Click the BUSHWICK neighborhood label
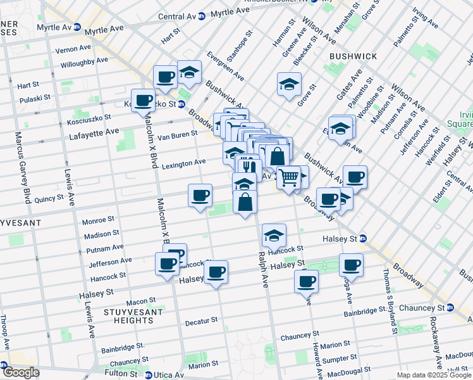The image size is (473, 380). click(x=352, y=56)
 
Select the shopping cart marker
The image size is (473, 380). click(x=288, y=178)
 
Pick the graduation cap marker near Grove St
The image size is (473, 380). click(x=289, y=84)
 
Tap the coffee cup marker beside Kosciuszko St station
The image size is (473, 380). click(x=144, y=100)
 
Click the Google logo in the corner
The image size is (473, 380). click(x=20, y=372)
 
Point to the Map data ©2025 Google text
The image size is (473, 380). click(x=433, y=375)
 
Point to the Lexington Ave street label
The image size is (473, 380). click(x=183, y=163)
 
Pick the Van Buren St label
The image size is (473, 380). click(x=178, y=136)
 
